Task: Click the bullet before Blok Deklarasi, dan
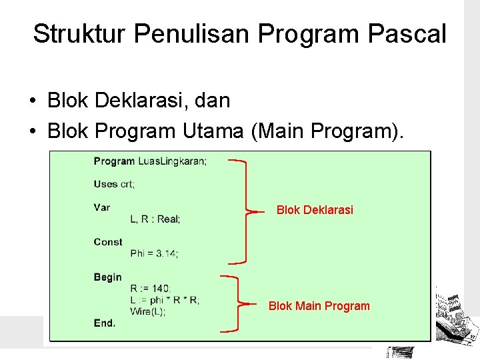pos(33,102)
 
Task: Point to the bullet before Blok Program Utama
pos(33,132)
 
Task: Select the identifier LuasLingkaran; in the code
pos(172,161)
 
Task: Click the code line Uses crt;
pos(114,184)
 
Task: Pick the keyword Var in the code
pos(102,207)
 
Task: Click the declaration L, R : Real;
pos(155,219)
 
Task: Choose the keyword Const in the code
pos(108,242)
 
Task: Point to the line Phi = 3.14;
pos(154,253)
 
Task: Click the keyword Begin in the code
pos(107,277)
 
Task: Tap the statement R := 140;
pos(150,288)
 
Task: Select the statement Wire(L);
pos(147,311)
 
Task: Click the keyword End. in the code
pos(105,323)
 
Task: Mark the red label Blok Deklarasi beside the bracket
pos(315,210)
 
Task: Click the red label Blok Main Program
pos(319,306)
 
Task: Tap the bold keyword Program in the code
pos(114,161)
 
